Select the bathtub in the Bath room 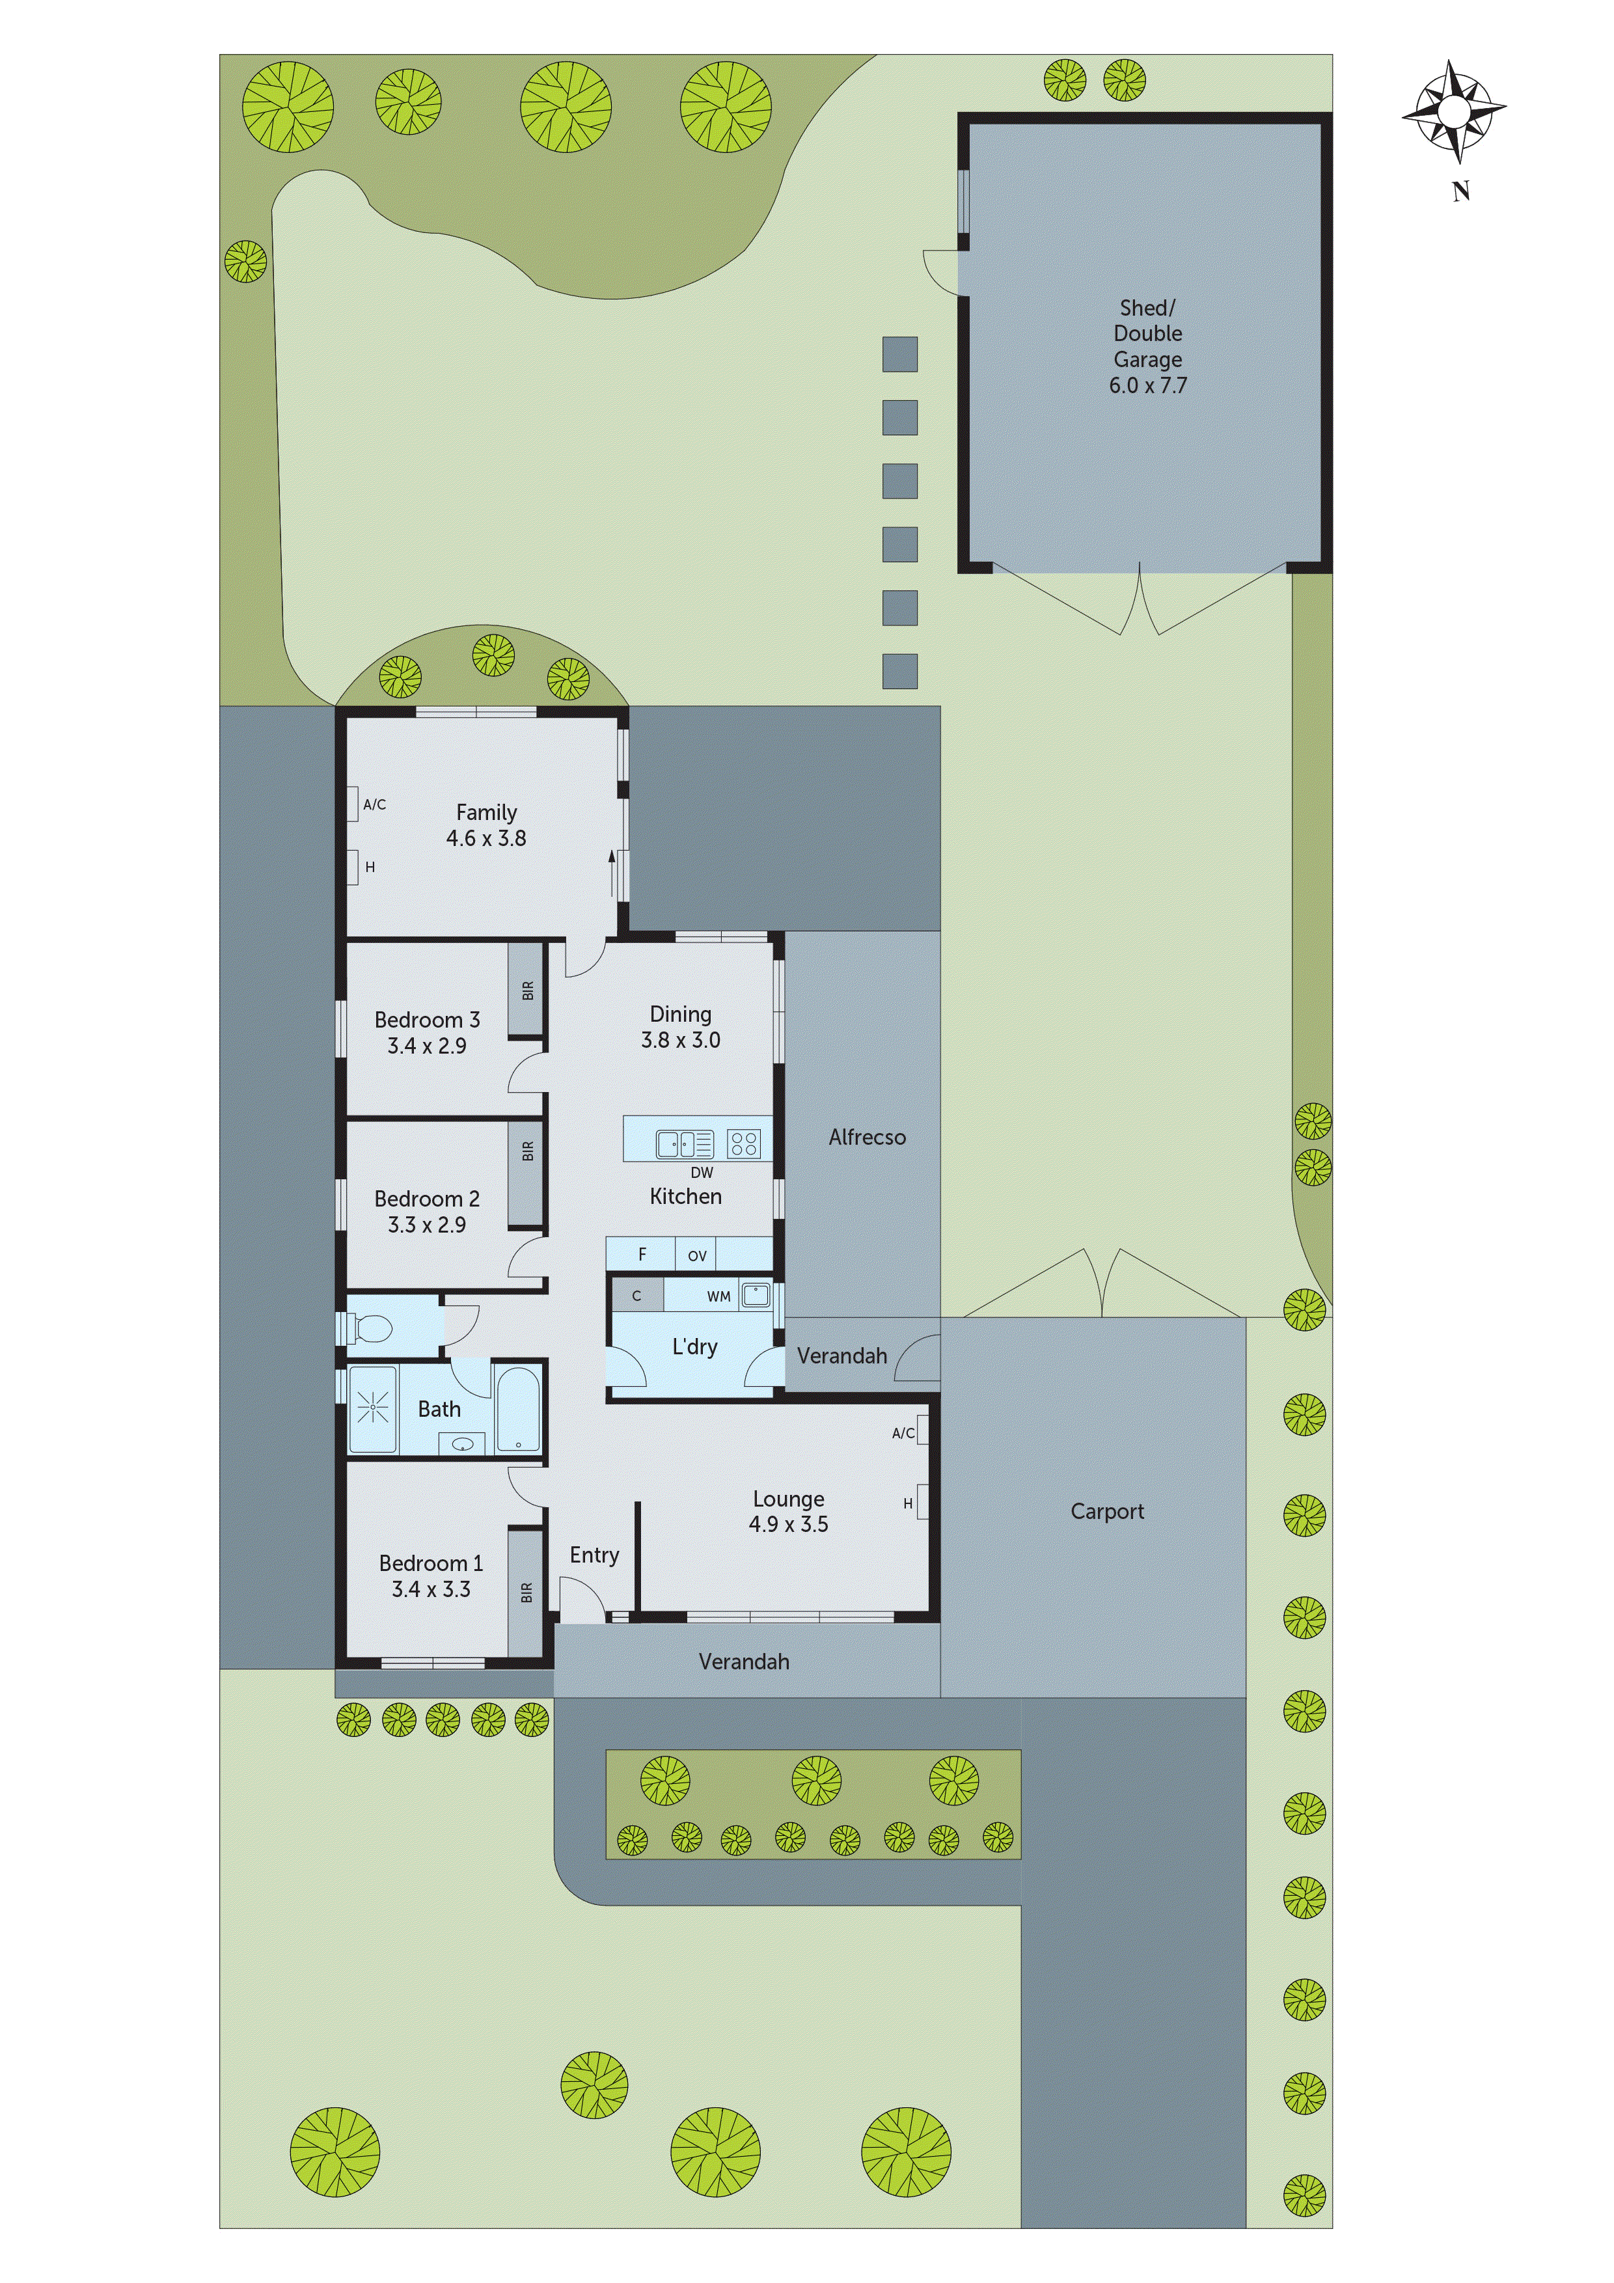pos(517,1410)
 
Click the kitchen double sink pos(684,1145)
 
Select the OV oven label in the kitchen pos(697,1256)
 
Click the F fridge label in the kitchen pos(642,1255)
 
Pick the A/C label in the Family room pos(374,804)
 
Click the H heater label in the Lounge pos(907,1503)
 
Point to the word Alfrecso pos(867,1138)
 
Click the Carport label pos(1107,1511)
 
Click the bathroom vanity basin pos(463,1443)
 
